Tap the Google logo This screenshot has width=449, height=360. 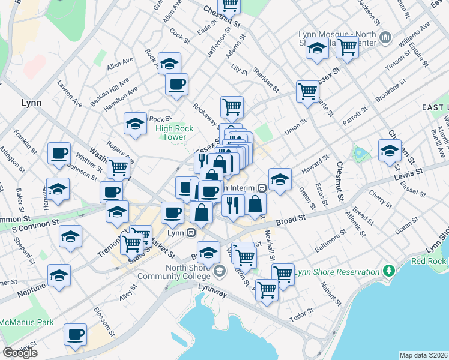pos(20,353)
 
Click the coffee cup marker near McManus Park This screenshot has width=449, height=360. pos(76,334)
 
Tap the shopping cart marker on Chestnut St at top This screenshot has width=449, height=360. pos(229,5)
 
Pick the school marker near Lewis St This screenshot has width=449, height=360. pos(390,150)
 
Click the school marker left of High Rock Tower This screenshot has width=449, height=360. pos(136,124)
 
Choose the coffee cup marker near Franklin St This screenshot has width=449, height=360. pos(59,153)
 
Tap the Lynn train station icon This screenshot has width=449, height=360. pos(191,232)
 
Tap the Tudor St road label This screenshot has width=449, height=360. pos(301,314)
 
